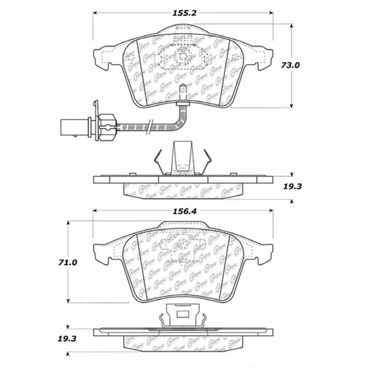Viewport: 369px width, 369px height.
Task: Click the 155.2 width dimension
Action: point(183,11)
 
